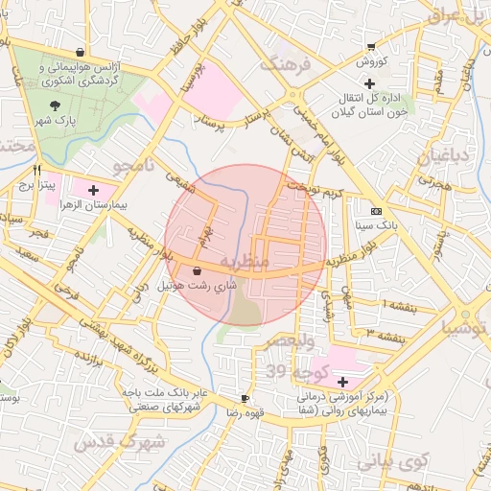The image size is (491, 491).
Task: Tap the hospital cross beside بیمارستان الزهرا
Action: click(93, 191)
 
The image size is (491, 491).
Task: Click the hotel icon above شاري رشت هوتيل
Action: click(197, 271)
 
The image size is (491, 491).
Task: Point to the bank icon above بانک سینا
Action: click(375, 211)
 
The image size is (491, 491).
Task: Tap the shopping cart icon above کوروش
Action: click(371, 47)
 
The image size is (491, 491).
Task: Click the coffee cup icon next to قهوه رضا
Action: click(245, 398)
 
